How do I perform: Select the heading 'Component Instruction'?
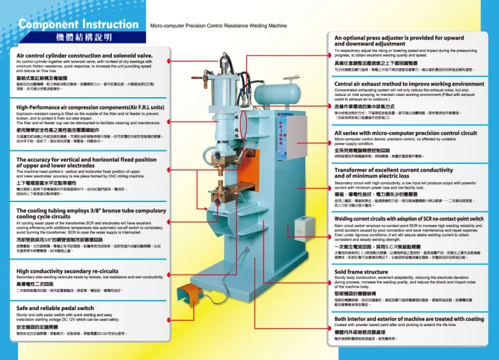[74, 25]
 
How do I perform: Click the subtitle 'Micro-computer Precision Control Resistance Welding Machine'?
[218, 27]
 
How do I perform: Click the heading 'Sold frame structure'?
[361, 272]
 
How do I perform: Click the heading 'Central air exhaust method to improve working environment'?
[409, 84]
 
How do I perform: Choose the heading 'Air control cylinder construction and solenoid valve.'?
[84, 56]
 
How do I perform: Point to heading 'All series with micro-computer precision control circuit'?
[406, 134]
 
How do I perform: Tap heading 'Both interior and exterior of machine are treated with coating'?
[409, 318]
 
